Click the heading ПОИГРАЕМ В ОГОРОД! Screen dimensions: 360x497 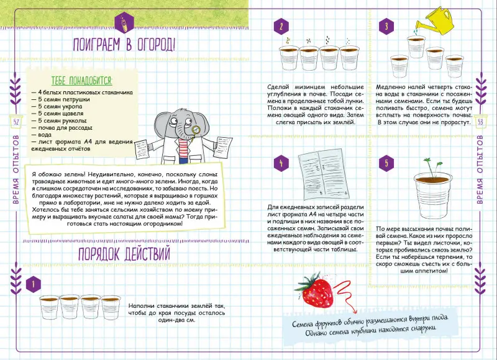(124, 45)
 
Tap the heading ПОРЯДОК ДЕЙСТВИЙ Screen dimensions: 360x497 (124, 254)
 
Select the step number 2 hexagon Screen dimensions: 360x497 (281, 26)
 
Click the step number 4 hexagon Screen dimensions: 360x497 (281, 164)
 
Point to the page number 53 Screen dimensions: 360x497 (480, 120)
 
